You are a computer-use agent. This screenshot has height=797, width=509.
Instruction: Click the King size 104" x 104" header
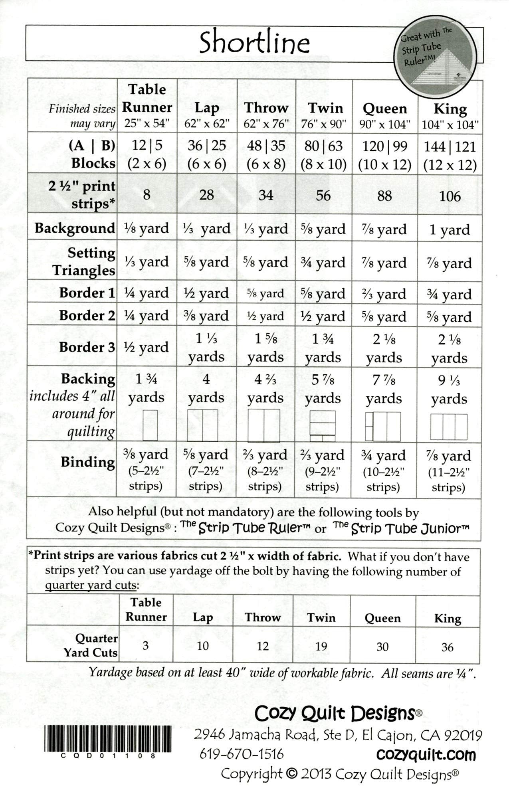click(x=450, y=116)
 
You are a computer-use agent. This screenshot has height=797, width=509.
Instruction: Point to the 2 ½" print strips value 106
click(x=450, y=196)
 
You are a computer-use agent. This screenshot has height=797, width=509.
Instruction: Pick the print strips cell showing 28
click(x=206, y=195)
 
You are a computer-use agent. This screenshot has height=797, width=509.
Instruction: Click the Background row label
click(x=75, y=228)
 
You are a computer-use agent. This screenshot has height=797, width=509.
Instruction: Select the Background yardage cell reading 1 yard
click(x=450, y=230)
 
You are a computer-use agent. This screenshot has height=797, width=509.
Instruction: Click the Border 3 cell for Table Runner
click(x=145, y=347)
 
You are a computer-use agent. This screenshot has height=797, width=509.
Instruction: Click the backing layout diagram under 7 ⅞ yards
click(x=383, y=427)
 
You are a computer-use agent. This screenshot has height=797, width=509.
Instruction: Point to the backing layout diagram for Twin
click(x=323, y=425)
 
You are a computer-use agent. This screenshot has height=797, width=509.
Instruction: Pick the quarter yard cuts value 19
click(x=321, y=646)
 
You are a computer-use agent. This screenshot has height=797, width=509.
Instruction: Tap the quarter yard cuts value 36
click(x=447, y=647)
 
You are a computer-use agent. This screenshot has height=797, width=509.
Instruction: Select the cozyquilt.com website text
click(x=426, y=755)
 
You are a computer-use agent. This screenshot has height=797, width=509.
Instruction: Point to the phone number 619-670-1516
click(x=242, y=754)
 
